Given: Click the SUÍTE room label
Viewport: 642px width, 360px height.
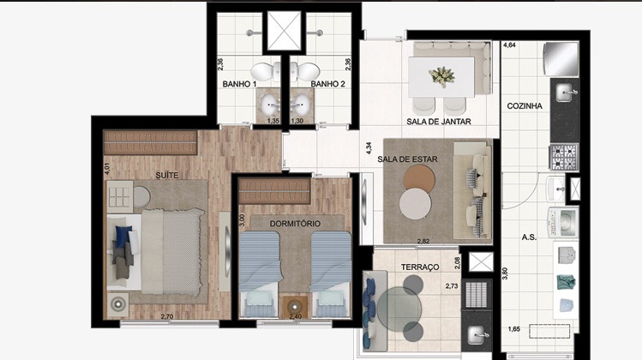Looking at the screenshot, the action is click(x=166, y=176).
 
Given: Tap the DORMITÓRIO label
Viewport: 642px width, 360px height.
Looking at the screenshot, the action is click(x=295, y=224).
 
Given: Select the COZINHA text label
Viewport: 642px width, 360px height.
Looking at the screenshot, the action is click(x=525, y=106).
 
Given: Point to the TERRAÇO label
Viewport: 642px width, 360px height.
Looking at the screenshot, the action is click(x=420, y=267).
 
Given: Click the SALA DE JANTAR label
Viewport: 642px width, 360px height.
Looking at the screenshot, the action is click(x=439, y=122).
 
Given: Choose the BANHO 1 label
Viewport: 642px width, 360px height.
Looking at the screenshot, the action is click(x=239, y=84).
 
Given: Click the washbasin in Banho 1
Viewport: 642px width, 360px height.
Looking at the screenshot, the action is click(x=270, y=104).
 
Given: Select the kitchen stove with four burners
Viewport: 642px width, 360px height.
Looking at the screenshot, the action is click(x=564, y=157).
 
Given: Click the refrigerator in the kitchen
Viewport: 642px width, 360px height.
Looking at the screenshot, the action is click(x=560, y=58).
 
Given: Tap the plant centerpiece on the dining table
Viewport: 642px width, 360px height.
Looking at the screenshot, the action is click(x=441, y=76).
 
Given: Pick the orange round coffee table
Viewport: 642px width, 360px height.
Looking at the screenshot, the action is click(x=419, y=179).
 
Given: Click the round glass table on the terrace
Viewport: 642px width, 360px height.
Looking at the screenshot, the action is click(x=399, y=309).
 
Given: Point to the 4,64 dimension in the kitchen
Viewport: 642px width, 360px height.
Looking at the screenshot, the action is click(x=509, y=45).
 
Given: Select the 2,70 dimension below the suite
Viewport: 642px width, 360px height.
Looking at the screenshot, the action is click(x=167, y=316).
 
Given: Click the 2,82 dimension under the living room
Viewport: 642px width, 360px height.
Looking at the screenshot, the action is click(x=423, y=241).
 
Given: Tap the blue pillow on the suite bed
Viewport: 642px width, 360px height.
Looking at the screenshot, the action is click(x=122, y=237).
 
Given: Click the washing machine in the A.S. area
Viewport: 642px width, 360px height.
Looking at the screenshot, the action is click(x=564, y=221).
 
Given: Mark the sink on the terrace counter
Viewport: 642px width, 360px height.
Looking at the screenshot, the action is click(x=477, y=334).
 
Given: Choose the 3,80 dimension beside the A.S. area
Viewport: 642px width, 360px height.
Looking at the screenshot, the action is click(x=505, y=273).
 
